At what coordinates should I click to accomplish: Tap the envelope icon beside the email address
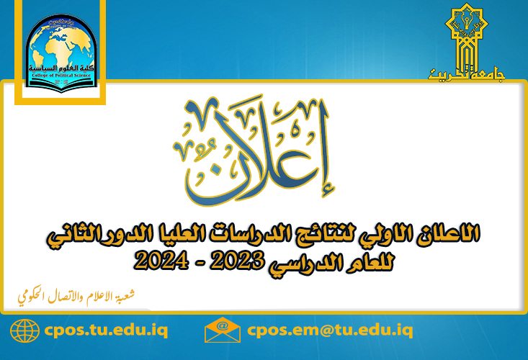pyautogui.click(x=223, y=331)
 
